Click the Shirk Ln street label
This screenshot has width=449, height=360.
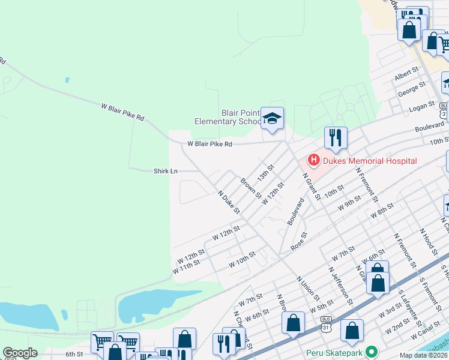point(166,171)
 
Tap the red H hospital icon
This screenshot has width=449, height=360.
point(313,160)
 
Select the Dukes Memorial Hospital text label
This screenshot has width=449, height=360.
point(369,161)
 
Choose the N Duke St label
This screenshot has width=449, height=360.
point(229,203)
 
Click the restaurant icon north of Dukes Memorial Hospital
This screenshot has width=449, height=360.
point(335,137)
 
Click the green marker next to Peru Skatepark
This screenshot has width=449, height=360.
point(372,352)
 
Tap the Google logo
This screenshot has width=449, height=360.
point(20,353)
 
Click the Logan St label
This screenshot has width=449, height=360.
point(421,106)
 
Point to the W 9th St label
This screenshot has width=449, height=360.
point(349,205)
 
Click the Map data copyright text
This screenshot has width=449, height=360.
point(424,355)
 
